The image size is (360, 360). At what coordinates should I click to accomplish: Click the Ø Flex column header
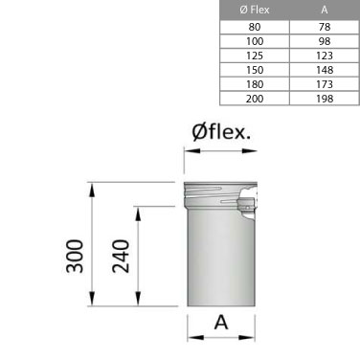click(x=254, y=10)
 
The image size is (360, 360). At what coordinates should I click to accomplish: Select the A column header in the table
click(x=324, y=10)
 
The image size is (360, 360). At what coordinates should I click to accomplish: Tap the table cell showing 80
click(x=254, y=28)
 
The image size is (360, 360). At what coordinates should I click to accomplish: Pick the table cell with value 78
click(x=324, y=28)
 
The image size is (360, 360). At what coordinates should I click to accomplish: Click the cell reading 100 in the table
click(x=254, y=41)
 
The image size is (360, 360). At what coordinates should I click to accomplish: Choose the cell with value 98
click(x=324, y=41)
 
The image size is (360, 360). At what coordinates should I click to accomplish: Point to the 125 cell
click(x=254, y=56)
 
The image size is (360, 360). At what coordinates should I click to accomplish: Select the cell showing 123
click(x=324, y=56)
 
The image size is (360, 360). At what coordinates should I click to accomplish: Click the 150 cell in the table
click(x=254, y=69)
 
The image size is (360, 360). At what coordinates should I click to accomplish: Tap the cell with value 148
click(x=324, y=69)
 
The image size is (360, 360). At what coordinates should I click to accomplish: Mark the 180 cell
click(x=254, y=83)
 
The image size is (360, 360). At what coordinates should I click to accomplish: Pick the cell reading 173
click(x=324, y=83)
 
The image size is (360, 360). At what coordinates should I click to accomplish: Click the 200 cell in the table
click(x=254, y=97)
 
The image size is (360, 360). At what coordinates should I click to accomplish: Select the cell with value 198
click(x=324, y=97)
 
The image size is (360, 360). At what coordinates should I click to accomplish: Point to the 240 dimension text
click(x=122, y=256)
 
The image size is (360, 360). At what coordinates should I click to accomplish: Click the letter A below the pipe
click(x=221, y=323)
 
